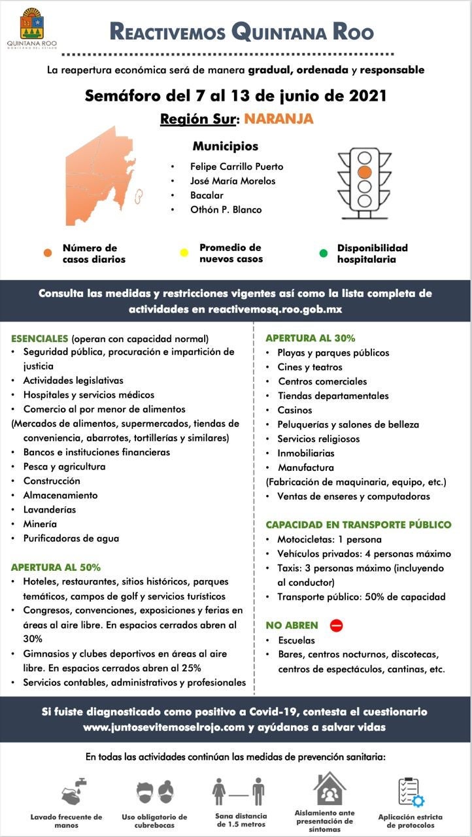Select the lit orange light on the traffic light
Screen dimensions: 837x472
pyautogui.click(x=365, y=172)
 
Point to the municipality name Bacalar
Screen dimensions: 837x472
pyautogui.click(x=207, y=196)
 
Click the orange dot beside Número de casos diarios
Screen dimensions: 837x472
pyautogui.click(x=48, y=253)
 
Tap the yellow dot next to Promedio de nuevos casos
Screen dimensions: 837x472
pyautogui.click(x=184, y=253)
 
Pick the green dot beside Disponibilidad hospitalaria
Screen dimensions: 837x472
pyautogui.click(x=323, y=253)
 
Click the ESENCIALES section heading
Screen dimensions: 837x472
pyautogui.click(x=40, y=339)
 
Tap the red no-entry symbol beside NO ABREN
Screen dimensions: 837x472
pyautogui.click(x=337, y=625)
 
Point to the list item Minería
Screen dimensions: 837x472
pyautogui.click(x=40, y=524)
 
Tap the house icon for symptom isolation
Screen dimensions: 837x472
pyautogui.click(x=330, y=789)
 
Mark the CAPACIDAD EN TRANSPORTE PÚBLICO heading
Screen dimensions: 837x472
pyautogui.click(x=358, y=524)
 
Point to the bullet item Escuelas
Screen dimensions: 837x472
pyautogui.click(x=296, y=640)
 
